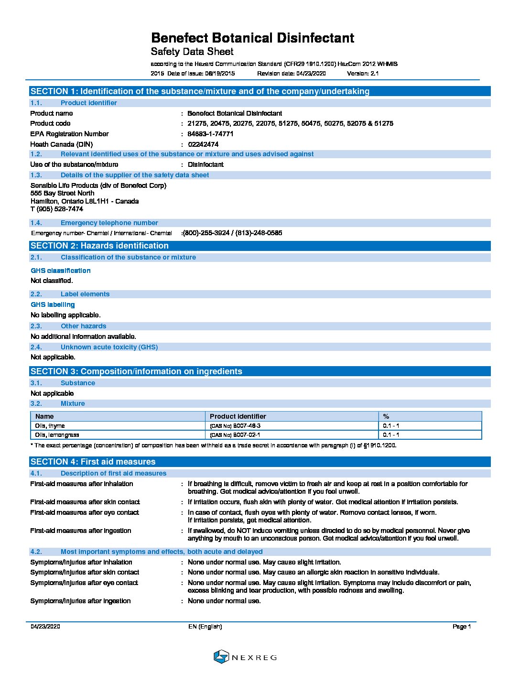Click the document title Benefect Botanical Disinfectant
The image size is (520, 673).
click(252, 38)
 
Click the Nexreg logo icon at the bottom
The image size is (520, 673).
click(221, 657)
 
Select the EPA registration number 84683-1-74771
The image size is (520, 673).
click(210, 134)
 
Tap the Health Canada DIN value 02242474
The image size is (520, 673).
click(203, 144)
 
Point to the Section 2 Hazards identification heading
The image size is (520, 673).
click(99, 246)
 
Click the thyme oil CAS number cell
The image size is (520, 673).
click(235, 426)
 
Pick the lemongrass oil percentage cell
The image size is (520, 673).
click(391, 435)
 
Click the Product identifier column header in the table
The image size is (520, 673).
click(238, 416)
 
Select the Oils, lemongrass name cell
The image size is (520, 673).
click(57, 435)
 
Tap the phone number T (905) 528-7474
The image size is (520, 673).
click(57, 209)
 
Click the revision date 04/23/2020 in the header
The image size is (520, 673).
click(311, 74)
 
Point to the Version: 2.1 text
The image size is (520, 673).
click(363, 74)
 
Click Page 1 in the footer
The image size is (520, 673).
click(462, 627)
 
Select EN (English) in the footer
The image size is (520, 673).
click(205, 627)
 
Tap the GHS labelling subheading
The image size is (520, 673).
click(53, 304)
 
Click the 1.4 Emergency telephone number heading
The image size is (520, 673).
click(109, 223)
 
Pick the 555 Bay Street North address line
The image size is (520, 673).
click(63, 193)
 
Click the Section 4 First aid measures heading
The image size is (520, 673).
click(93, 462)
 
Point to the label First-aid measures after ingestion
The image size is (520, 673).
click(80, 531)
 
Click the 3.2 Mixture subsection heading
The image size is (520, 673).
click(73, 403)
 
